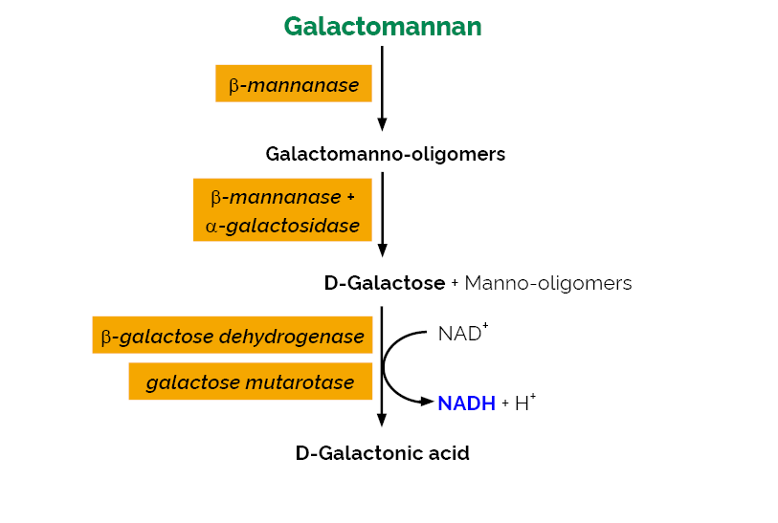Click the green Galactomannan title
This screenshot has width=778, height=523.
[382, 27]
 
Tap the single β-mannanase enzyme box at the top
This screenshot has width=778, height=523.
[293, 85]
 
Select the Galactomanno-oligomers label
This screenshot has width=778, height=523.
[385, 154]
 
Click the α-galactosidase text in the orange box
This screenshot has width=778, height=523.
[282, 227]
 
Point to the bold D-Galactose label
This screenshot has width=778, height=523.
[385, 283]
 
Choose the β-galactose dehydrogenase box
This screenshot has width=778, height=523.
[233, 336]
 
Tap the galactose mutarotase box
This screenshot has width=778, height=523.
[250, 382]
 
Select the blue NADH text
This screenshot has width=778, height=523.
[466, 403]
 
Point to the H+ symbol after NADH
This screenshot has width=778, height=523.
[524, 403]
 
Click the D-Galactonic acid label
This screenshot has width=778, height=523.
[382, 453]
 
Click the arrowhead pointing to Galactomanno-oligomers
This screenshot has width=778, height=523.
[382, 123]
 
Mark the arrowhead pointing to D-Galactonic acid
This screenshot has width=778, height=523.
[382, 420]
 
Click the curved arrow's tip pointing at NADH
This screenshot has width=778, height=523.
[430, 402]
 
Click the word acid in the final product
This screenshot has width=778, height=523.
[449, 453]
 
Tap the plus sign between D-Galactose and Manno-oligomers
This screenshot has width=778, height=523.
[455, 284]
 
